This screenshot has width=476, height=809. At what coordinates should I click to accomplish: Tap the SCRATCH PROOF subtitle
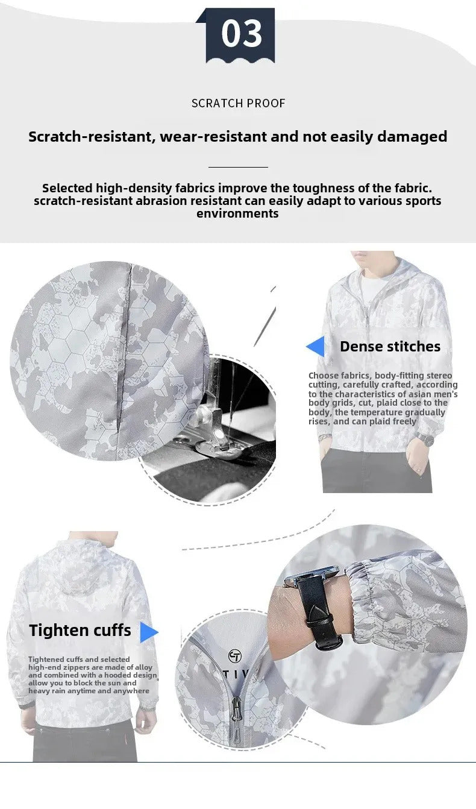(x=238, y=104)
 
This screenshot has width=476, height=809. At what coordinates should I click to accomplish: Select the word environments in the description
(x=237, y=213)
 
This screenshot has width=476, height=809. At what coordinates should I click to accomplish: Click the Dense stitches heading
(x=390, y=347)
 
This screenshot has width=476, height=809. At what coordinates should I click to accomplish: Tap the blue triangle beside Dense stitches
(x=315, y=347)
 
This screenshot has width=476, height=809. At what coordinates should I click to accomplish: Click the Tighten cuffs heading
(x=80, y=630)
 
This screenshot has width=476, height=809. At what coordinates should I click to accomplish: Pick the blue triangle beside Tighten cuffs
(x=149, y=632)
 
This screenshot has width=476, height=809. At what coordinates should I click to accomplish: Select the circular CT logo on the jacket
(x=235, y=656)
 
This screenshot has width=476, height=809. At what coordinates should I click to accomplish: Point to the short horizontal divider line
(x=238, y=167)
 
